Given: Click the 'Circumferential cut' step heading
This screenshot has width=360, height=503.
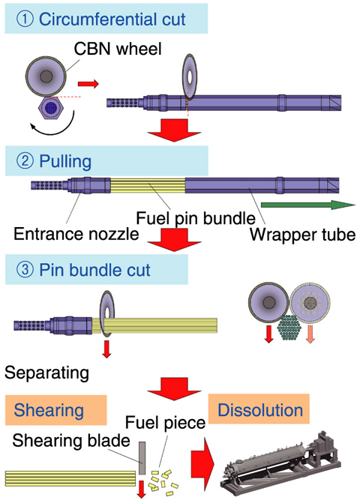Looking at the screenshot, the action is tap(112, 19).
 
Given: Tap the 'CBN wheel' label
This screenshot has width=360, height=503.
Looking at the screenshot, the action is tap(118, 49).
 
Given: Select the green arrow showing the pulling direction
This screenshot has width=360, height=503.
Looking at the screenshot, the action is tap(308, 205).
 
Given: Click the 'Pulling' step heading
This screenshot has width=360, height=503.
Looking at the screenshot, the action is tap(65, 161).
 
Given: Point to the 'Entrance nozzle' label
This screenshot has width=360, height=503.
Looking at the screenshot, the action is tap(76, 234).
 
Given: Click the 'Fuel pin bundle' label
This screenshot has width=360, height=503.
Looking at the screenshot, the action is tap(196, 218).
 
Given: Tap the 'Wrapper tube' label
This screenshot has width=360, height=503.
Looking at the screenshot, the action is tap(302, 235).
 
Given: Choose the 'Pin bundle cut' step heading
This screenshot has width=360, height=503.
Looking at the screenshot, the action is tap(94, 270).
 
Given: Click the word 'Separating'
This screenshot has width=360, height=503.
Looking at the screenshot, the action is tap(46, 373).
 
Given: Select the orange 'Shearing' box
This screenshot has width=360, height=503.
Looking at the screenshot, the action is tap(55, 410).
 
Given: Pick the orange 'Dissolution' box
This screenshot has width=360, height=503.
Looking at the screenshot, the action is tap(259, 409).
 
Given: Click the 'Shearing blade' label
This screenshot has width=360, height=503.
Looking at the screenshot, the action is tap(71, 441).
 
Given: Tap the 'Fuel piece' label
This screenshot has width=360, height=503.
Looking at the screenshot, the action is tap(165, 423).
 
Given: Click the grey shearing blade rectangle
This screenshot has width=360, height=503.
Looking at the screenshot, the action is tap(142, 458).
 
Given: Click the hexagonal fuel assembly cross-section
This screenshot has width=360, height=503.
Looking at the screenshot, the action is tap(51, 108).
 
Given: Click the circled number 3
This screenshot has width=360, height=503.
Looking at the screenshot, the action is tap(25, 269).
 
